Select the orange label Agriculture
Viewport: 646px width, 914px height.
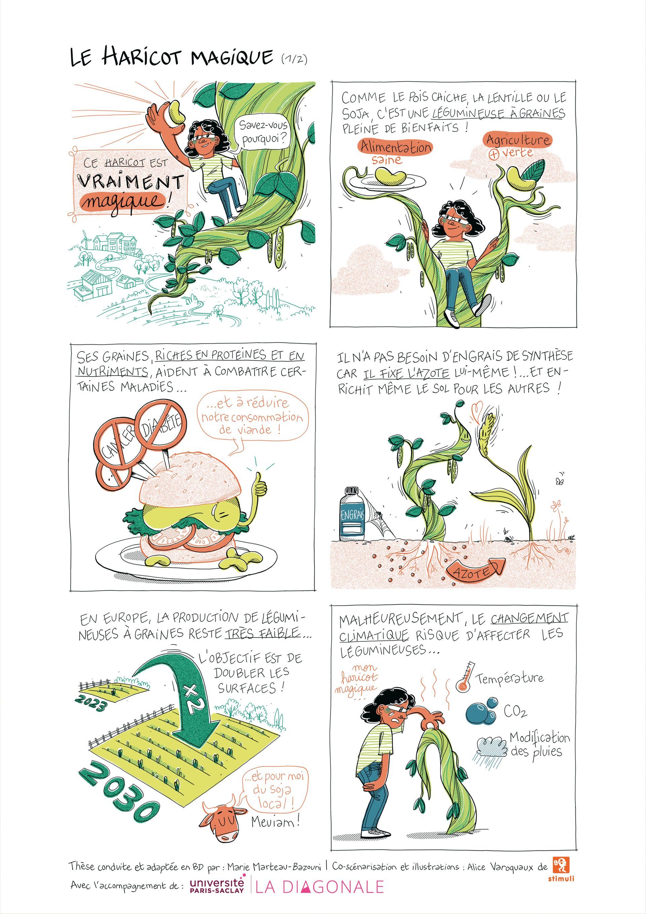[x=517, y=140]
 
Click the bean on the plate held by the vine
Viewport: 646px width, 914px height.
[x=391, y=176]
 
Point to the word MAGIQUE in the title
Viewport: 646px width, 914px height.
[x=232, y=57]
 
